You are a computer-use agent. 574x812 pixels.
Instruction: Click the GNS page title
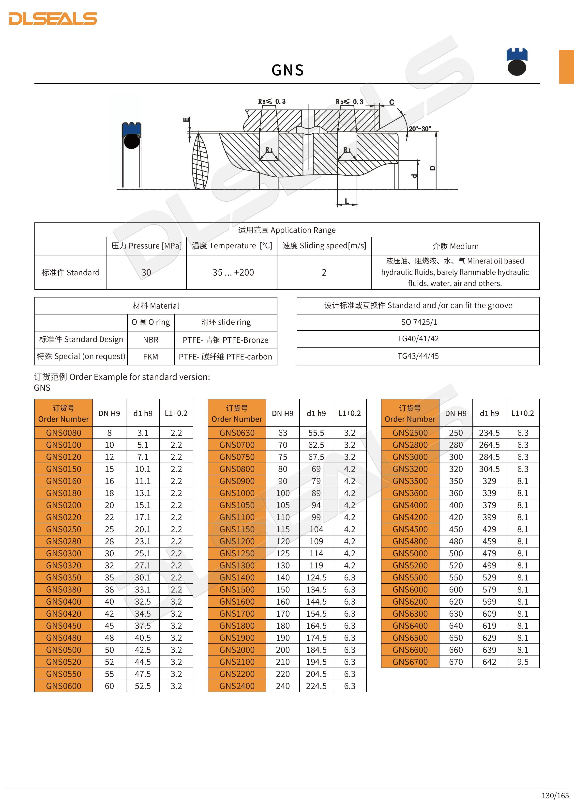coord(287,70)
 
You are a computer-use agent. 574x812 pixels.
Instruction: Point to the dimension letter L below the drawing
coord(347,201)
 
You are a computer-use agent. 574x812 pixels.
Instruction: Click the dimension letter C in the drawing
coord(392,102)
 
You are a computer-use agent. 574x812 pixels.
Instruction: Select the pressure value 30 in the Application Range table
coord(146,272)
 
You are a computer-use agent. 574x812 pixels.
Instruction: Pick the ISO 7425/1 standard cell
coord(418,322)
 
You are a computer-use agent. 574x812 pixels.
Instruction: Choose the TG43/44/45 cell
coord(418,356)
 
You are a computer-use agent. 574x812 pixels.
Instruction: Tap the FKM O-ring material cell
coord(151,357)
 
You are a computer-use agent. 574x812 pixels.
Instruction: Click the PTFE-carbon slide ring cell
coord(226,357)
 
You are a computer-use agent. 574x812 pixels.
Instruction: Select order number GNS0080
coord(64,433)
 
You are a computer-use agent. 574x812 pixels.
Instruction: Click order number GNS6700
coord(410,662)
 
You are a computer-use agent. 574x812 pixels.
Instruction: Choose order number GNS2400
coord(237,686)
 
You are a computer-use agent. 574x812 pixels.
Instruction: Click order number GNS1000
coord(237,493)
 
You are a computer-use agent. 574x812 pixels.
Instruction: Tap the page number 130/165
coord(555,795)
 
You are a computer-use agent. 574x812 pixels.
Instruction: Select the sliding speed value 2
coord(324,272)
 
